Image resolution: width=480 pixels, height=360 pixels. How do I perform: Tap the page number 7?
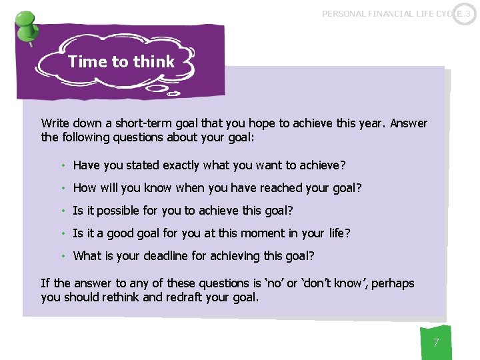[x=436, y=343]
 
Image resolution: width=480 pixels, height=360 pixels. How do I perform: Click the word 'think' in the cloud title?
[x=153, y=62]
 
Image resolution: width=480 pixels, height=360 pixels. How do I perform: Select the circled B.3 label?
[x=464, y=13]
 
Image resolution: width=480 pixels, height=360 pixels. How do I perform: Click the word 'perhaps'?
[x=393, y=283]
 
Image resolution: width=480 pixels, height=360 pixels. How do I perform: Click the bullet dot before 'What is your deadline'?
[x=63, y=256]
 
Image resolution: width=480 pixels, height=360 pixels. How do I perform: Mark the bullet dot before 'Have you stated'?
[x=63, y=165]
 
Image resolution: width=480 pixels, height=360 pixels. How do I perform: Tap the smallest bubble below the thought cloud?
[x=173, y=94]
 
